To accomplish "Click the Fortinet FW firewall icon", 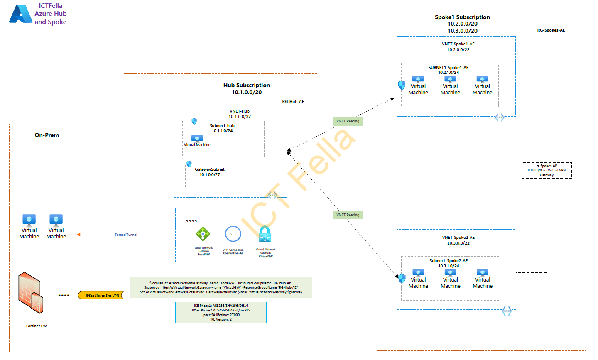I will click(x=31, y=293).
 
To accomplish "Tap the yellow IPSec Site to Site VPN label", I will click(x=102, y=296).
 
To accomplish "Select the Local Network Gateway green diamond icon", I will click(x=203, y=234).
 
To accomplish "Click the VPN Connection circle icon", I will click(x=233, y=234).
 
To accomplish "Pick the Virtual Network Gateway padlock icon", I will click(x=265, y=234).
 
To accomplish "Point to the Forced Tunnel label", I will click(x=126, y=235).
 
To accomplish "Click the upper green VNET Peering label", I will click(x=348, y=121).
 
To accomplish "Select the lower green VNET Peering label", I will click(x=348, y=215).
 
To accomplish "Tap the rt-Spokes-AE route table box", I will click(x=547, y=170).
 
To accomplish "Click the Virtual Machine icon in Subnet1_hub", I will click(x=197, y=139).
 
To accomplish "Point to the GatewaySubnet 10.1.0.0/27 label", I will click(x=210, y=172).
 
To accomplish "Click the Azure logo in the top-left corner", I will click(x=21, y=14).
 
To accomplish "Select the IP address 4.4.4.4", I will click(x=64, y=295).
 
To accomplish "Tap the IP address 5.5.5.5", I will click(x=191, y=221).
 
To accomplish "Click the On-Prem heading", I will click(x=47, y=135).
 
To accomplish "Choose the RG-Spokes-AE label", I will click(x=551, y=30).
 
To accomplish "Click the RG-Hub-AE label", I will click(x=293, y=102).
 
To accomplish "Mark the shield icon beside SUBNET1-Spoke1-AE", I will click(x=402, y=85).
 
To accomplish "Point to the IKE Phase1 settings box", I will click(x=221, y=312).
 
